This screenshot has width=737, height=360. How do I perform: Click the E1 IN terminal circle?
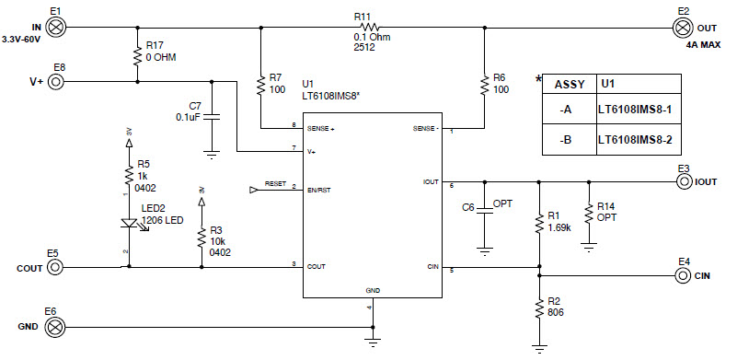coord(55,27)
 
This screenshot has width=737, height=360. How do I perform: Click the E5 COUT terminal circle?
coord(55,267)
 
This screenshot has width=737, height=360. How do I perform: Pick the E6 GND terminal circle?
coord(55,326)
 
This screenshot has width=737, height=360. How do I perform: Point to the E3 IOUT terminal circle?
coord(683,181)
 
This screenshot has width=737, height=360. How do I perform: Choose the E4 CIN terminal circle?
coord(683,274)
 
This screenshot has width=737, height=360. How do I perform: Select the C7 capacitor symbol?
coord(213,117)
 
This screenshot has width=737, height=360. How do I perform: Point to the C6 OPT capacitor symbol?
coord(482,210)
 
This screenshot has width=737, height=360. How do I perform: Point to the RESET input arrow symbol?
coord(255,191)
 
